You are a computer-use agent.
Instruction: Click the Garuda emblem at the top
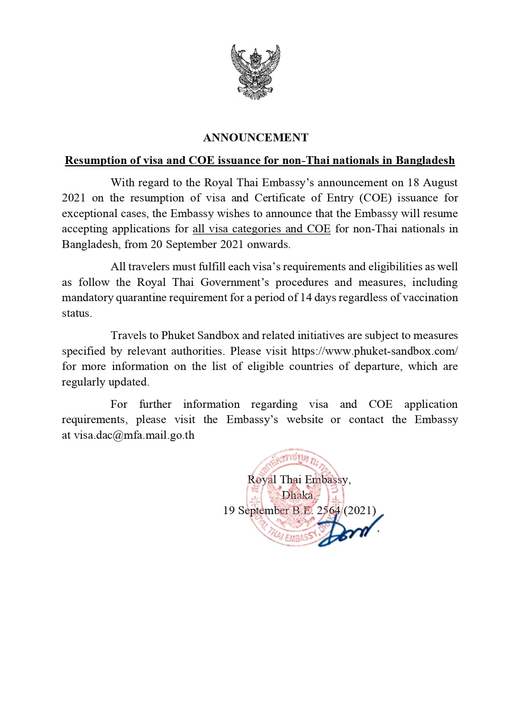coord(255,72)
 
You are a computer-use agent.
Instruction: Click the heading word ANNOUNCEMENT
coord(255,138)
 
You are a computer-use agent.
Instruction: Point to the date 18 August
coord(432,183)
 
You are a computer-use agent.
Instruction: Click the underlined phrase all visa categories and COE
coord(262,229)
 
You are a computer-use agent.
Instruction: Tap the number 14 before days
coord(306,297)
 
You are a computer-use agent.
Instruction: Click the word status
coord(76,313)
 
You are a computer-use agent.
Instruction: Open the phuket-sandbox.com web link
coord(375,351)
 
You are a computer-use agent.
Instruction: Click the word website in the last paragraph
coord(305,420)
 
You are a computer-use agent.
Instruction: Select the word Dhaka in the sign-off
coord(297,495)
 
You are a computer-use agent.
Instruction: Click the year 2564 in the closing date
coord(328,510)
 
